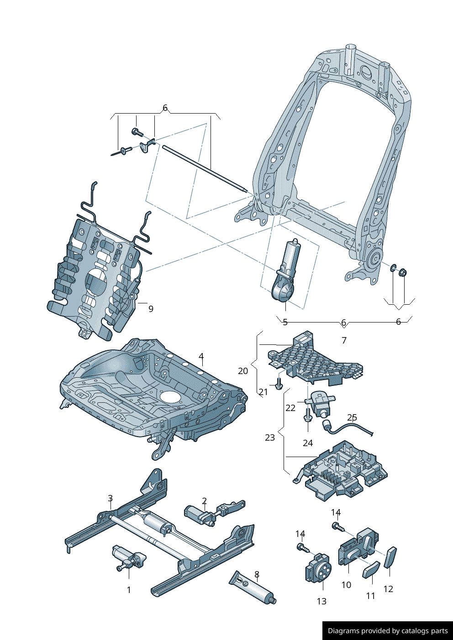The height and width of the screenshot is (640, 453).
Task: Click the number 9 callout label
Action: pos(151,309)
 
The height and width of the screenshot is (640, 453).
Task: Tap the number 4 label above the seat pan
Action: pos(201,357)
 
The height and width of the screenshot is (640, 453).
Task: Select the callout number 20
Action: pos(243,371)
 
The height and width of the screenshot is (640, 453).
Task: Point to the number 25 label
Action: pos(352,417)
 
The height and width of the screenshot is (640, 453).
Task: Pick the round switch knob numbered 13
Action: pos(317,568)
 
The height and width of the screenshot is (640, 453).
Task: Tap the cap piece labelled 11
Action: pos(371,569)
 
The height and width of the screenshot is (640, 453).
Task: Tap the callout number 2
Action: pos(204,501)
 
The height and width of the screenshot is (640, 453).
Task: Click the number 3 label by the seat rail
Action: pos(110,498)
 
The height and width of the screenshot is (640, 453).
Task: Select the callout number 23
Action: pos(270,437)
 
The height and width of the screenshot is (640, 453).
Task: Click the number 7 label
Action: pos(344,340)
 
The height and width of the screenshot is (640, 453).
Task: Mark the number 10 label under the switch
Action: pos(346,585)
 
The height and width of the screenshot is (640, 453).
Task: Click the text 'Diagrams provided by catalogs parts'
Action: pos(388,631)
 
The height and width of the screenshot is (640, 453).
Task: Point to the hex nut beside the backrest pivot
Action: pos(403,273)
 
